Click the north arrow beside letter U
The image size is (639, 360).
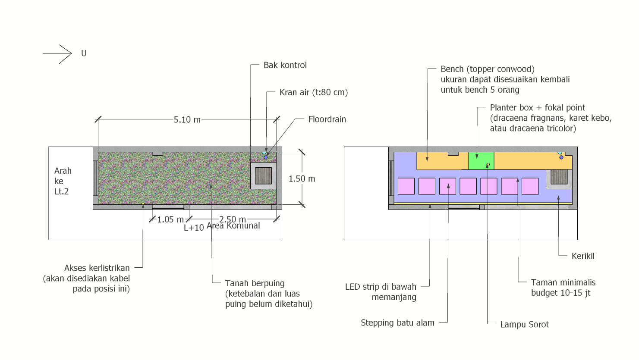[57, 53]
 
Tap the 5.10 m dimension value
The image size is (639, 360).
[187, 120]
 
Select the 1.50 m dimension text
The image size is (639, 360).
[302, 179]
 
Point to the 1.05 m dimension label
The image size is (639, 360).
[170, 219]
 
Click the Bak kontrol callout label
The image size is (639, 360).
[285, 65]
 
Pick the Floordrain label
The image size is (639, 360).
[327, 119]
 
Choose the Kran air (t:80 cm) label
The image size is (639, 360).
[314, 92]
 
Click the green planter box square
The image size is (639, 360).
[481, 161]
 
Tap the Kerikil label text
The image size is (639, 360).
[583, 256]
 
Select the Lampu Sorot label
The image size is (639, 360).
[524, 324]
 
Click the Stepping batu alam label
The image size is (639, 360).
[397, 322]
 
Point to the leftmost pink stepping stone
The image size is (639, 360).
[406, 186]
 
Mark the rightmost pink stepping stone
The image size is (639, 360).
[530, 186]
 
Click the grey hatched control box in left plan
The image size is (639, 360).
[263, 176]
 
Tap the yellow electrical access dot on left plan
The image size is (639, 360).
[143, 204]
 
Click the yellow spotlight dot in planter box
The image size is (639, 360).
[488, 165]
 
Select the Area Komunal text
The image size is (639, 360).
[233, 225]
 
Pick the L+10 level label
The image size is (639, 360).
[194, 228]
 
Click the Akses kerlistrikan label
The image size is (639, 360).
[97, 268]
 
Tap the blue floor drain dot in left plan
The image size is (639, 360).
[266, 157]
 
